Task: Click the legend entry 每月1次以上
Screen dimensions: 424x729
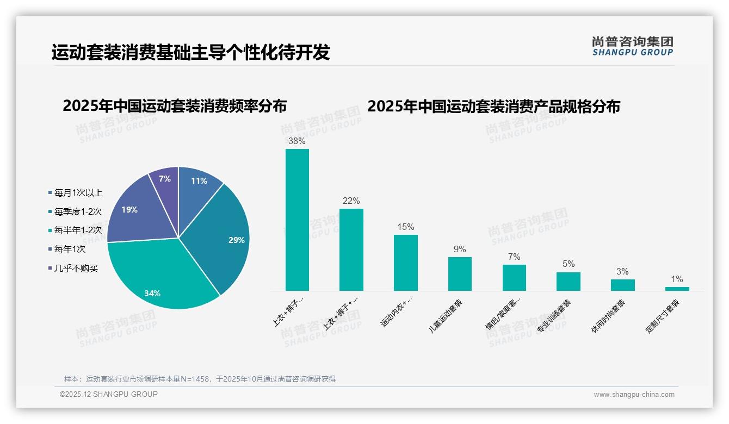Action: tap(78, 192)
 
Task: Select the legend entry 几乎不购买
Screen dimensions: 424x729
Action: tap(76, 269)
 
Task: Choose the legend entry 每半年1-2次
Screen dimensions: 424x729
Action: tap(78, 230)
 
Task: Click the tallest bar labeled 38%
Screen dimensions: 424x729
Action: tap(297, 220)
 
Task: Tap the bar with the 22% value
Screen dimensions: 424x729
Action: tap(351, 250)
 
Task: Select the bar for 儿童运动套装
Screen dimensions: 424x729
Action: tap(460, 274)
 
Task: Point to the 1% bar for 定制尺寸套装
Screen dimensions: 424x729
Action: tap(677, 289)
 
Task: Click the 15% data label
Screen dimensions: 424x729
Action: tap(405, 227)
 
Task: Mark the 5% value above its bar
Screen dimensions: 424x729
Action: tap(568, 264)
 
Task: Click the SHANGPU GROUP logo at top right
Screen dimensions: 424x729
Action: tap(632, 46)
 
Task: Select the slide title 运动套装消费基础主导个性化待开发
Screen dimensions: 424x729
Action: tap(190, 53)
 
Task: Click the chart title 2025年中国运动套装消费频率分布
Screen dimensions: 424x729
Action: tap(175, 106)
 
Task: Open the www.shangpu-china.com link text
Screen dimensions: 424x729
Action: tap(634, 395)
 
